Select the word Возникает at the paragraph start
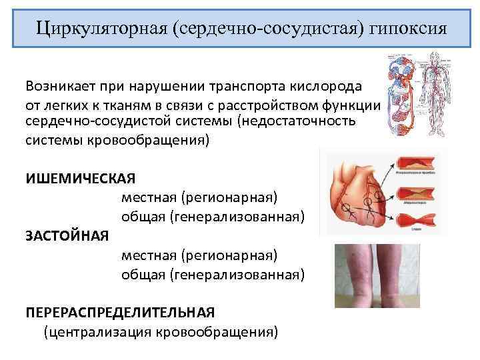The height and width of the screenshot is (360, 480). [x=61, y=87]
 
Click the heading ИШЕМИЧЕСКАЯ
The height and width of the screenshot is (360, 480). [x=81, y=178]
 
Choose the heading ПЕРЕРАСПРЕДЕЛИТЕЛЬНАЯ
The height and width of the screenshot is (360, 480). [x=120, y=311]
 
